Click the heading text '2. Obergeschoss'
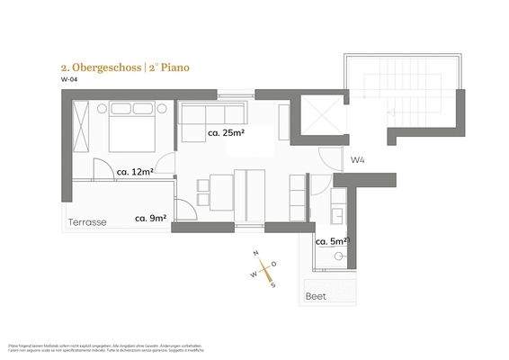pos(93,67)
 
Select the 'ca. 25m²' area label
pos(227,133)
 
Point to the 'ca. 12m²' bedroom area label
pos(135,171)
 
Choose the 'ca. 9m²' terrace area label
pos(151,218)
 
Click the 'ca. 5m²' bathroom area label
pos(331,240)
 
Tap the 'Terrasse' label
pos(87,222)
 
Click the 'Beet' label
pos(316,296)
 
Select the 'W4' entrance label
pos(357,160)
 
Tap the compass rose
pos(263,268)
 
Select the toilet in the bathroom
pos(339,257)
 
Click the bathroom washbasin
pos(339,214)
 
